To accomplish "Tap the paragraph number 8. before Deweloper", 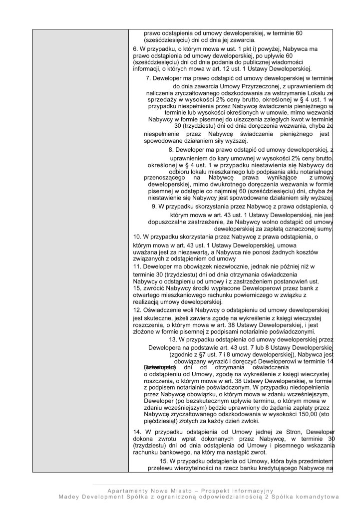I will pyautogui.click(x=172, y=150).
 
